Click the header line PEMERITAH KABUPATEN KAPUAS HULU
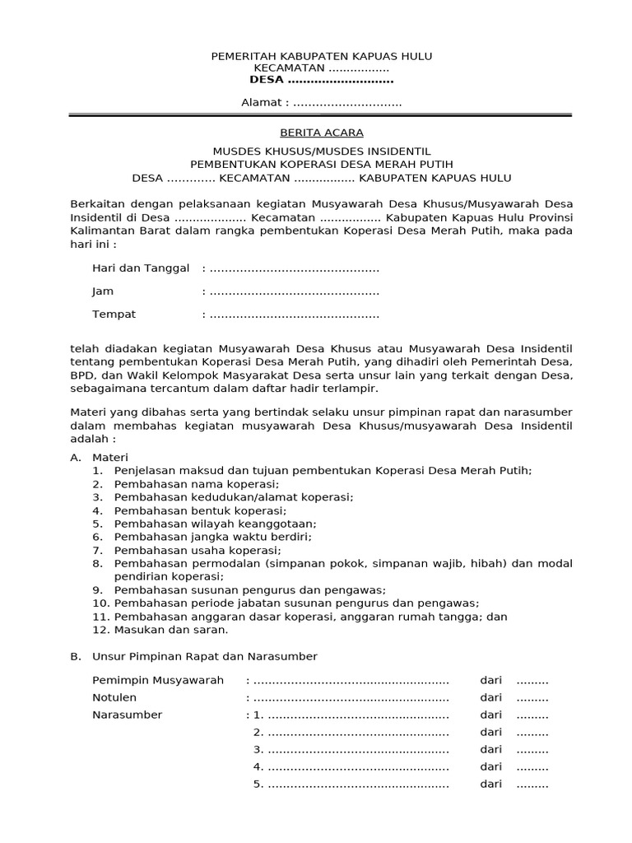coord(321,56)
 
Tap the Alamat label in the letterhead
coord(264,103)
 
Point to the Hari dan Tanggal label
coord(141,268)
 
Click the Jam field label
coord(103,291)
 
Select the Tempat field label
coord(114,314)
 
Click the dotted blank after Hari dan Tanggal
coord(294,269)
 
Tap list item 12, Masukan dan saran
coord(171,630)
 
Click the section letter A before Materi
coord(76,457)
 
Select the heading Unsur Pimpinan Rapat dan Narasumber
coord(204,656)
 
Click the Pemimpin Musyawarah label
coord(158,680)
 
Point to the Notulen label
coord(114,697)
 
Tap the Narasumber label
coord(127,715)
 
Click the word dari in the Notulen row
coord(491,697)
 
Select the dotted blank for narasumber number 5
coord(358,785)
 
